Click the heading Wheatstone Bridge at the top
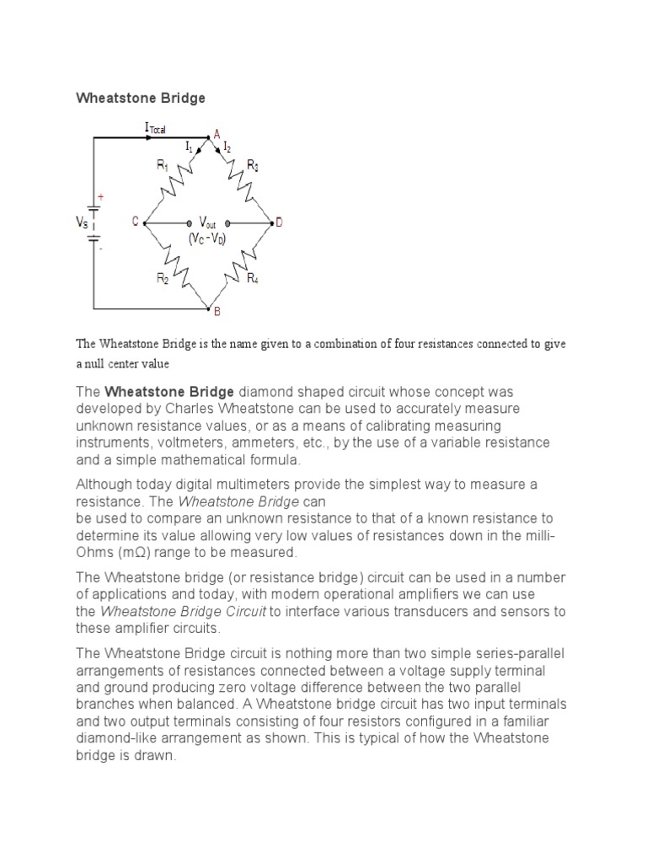pos(141,99)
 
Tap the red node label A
pos(217,134)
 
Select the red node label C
pos(135,222)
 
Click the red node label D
pos(279,222)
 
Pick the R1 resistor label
pos(163,166)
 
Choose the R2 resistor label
pos(162,278)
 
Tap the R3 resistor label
pos(253,165)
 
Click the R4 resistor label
pos(253,278)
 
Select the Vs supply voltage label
pos(83,222)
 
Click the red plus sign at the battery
pos(100,196)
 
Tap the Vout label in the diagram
pos(206,222)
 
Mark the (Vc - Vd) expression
pos(206,239)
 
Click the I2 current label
pos(227,148)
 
